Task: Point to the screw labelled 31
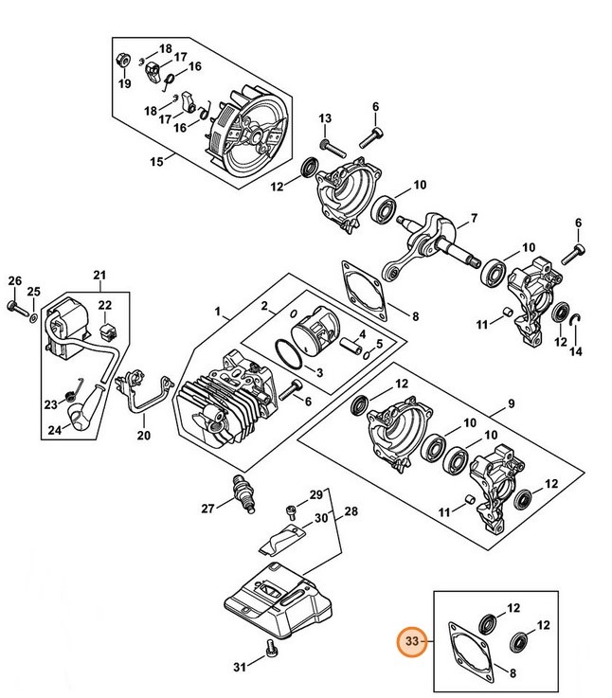[272, 649]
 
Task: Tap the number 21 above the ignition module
[99, 277]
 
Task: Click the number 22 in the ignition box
[105, 305]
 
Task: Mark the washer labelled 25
[32, 314]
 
